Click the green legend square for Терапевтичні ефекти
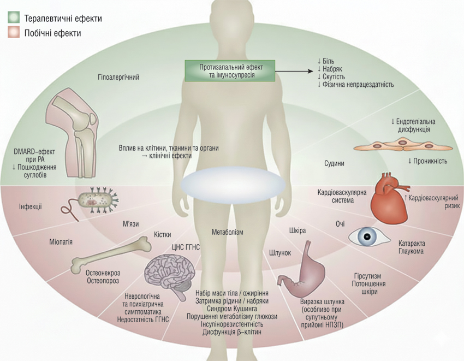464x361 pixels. pyautogui.click(x=14, y=19)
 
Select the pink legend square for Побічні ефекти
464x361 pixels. pyautogui.click(x=14, y=33)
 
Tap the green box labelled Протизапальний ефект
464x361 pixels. pyautogui.click(x=229, y=70)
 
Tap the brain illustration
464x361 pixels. pyautogui.click(x=164, y=271)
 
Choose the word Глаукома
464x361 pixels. pyautogui.click(x=411, y=252)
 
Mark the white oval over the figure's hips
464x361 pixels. pyautogui.click(x=233, y=184)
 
